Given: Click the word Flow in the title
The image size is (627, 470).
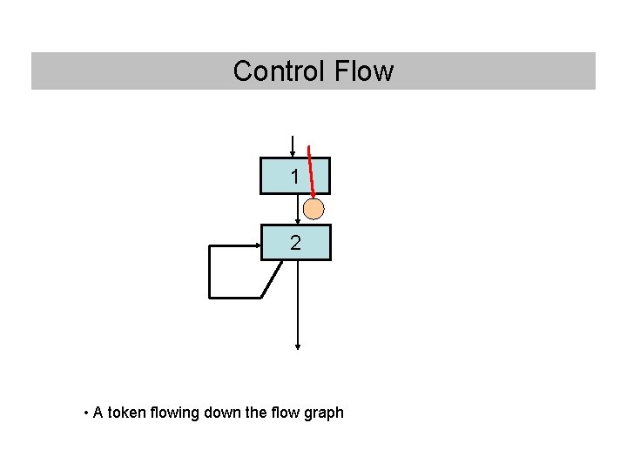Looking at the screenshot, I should tap(364, 71).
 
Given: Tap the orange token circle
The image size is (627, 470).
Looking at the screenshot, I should tap(313, 209).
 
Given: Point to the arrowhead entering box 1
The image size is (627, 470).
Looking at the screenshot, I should tap(293, 154).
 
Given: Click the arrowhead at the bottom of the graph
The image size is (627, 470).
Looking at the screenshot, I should tap(298, 346).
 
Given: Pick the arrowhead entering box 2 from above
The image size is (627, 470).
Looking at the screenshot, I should tap(296, 222).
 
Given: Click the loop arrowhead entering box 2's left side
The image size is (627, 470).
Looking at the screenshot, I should tap(258, 245).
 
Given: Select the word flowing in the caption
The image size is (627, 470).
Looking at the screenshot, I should tap(176, 413).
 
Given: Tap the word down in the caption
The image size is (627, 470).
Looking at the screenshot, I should tap(223, 413).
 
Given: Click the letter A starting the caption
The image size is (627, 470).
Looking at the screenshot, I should tap(98, 413).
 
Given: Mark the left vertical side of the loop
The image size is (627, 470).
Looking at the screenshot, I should tap(209, 272).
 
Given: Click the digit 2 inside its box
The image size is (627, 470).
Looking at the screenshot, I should tap(296, 244).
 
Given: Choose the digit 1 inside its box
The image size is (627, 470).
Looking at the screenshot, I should tap(296, 177).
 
